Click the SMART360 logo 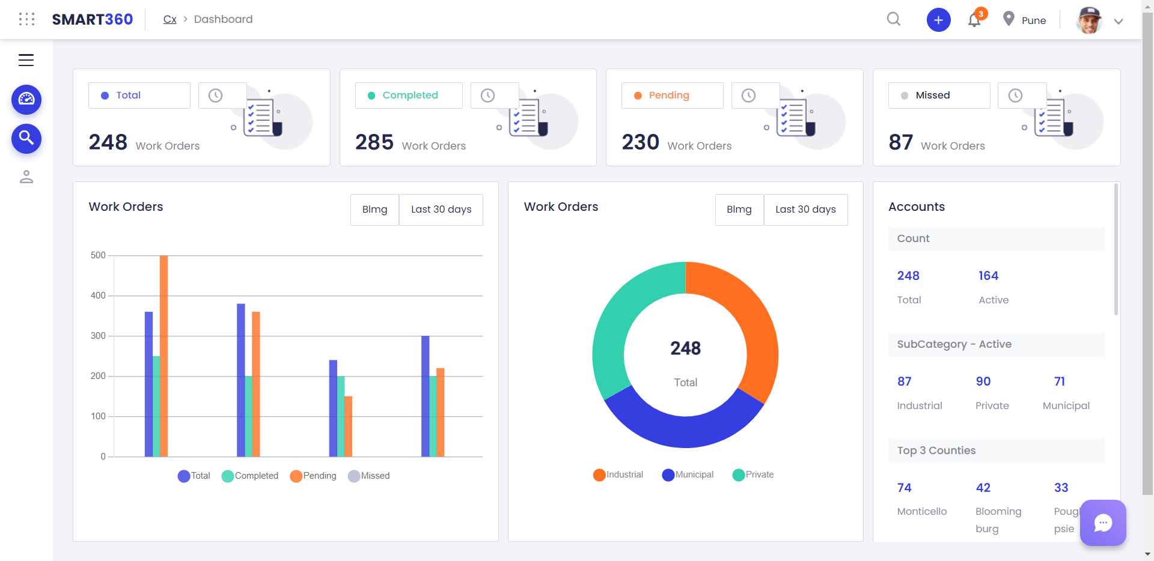coord(92,19)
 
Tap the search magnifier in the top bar coord(894,19)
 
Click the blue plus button coord(938,20)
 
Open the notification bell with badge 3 coord(974,20)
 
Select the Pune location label coord(1033,20)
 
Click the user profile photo coord(1090,20)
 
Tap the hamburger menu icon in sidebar coord(26,60)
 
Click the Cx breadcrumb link coord(169,19)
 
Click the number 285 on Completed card coord(374,142)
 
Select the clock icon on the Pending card coord(748,96)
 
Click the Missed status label coord(932,96)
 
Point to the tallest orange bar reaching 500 coord(163,354)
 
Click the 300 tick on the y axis coord(98,336)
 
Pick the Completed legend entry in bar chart coord(250,476)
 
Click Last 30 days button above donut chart coord(805,210)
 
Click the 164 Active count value coord(988,276)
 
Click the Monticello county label coord(921,511)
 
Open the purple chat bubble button coord(1102,523)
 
